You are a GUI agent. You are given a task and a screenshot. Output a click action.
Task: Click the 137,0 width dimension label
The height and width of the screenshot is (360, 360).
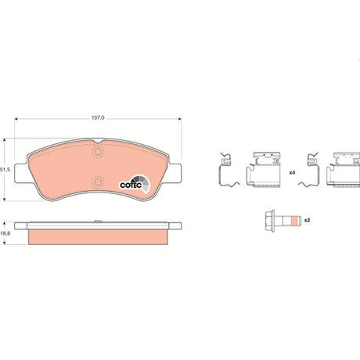[98, 118]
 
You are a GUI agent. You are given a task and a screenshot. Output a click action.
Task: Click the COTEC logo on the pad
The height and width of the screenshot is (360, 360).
[135, 184]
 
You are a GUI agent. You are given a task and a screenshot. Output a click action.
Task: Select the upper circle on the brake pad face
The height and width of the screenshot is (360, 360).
[98, 152]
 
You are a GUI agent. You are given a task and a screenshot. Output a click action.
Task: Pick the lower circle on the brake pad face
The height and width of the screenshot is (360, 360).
[98, 182]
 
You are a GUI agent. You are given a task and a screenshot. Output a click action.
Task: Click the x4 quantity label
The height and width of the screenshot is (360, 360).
[292, 173]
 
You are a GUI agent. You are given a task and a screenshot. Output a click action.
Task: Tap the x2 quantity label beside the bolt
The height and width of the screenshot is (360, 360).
[308, 221]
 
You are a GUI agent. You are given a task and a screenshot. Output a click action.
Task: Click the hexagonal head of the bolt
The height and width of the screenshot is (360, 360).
[270, 221]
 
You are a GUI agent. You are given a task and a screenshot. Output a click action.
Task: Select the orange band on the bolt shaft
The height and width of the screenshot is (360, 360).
[294, 221]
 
